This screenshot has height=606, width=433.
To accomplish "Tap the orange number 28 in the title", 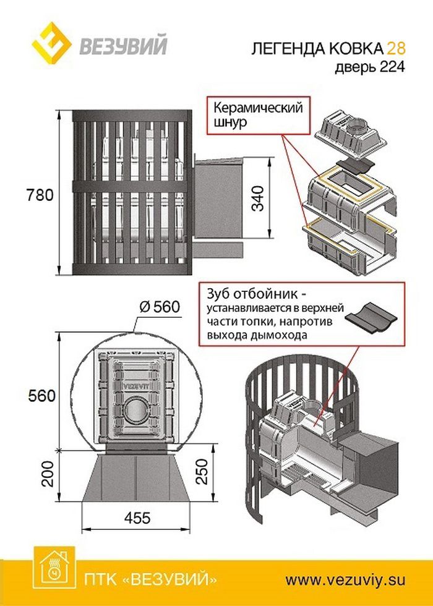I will tap(397, 49).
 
